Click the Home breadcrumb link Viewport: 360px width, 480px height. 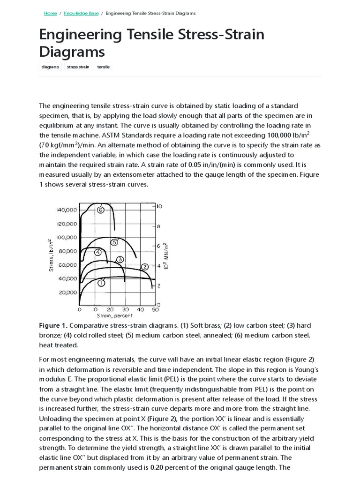tap(50, 13)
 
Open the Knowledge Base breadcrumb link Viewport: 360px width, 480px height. tap(81, 13)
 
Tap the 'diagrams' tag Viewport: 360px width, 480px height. tap(50, 67)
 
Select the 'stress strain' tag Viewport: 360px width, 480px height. tap(78, 67)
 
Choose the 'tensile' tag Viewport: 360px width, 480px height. tap(103, 67)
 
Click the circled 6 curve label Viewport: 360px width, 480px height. tap(100, 210)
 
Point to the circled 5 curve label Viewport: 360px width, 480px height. tap(114, 242)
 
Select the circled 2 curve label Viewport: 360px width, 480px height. tap(145, 266)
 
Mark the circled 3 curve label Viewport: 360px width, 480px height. tap(120, 259)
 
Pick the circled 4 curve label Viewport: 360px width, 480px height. tap(98, 252)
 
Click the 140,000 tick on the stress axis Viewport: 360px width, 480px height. tap(67, 210)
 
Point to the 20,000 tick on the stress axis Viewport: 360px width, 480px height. tap(68, 292)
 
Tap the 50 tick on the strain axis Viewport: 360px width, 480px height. tap(156, 310)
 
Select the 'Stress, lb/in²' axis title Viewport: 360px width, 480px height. tap(51, 255)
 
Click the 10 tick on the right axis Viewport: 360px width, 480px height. tap(159, 206)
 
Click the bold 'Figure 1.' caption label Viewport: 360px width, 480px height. tap(54, 325)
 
